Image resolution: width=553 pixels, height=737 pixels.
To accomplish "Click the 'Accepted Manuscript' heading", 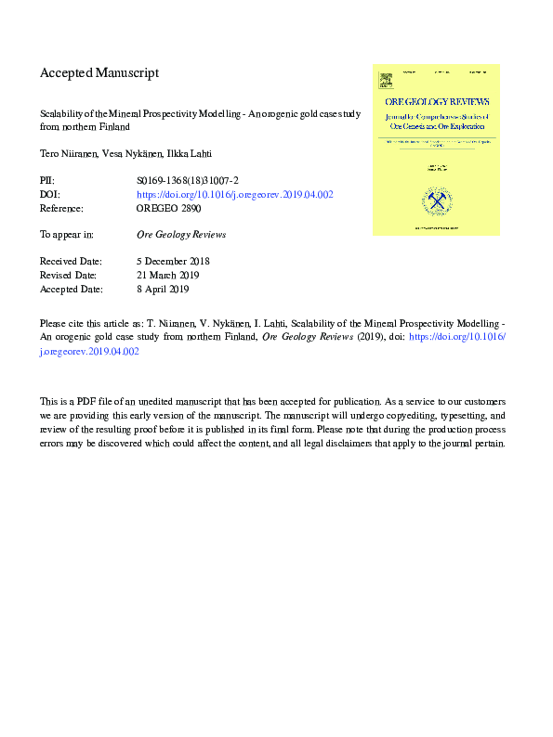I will point(99,72).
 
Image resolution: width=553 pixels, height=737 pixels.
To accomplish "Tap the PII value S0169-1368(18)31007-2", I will point(189,180).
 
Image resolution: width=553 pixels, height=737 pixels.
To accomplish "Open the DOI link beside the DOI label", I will point(235,195).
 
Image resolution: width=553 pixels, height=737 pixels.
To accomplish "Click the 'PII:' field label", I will point(47,180).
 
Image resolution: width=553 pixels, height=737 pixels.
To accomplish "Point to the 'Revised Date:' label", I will point(67,276).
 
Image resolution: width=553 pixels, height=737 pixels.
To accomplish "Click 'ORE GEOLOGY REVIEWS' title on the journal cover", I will point(436,101).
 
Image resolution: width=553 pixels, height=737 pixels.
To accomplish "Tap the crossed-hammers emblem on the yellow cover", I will point(435,199).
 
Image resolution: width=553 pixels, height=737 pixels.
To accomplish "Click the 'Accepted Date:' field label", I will point(70,290).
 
